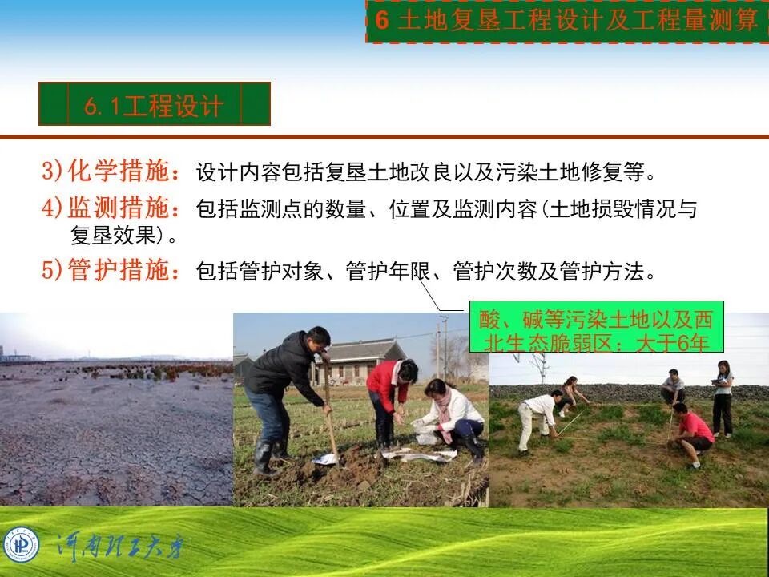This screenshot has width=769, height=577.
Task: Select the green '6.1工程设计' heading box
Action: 154,104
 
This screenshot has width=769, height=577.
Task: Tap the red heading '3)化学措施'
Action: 111,171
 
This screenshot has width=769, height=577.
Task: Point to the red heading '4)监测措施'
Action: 111,208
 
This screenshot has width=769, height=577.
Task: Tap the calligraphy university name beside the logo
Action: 120,547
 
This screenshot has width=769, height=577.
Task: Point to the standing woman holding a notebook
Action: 722,397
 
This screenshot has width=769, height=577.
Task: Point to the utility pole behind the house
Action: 443,345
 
